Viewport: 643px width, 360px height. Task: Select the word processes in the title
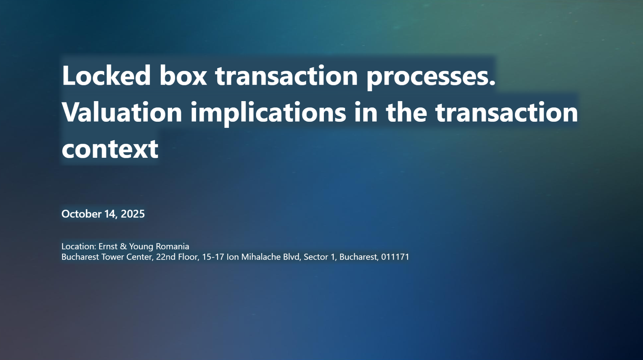tap(431, 78)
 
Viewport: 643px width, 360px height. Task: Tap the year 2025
tap(133, 214)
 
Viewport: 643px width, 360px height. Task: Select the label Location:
tap(79, 246)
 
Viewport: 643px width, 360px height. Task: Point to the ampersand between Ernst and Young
tap(123, 246)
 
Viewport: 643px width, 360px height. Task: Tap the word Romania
tap(173, 246)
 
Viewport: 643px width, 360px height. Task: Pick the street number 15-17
tap(213, 257)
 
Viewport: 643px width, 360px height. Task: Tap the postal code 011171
tap(395, 257)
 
